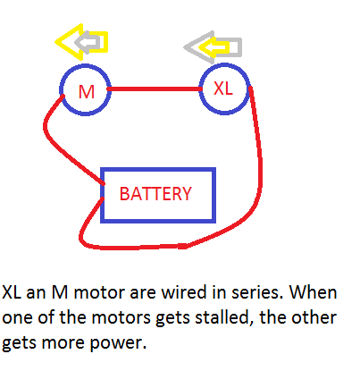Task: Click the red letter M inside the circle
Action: (x=87, y=92)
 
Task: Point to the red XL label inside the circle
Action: (x=223, y=89)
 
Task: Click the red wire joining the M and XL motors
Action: (x=155, y=89)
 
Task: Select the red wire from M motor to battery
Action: (x=60, y=143)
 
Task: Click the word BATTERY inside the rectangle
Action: (x=155, y=194)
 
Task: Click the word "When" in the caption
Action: (x=313, y=292)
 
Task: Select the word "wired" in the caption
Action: (x=184, y=292)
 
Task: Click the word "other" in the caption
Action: (x=314, y=317)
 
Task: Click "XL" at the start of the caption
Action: (x=12, y=292)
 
